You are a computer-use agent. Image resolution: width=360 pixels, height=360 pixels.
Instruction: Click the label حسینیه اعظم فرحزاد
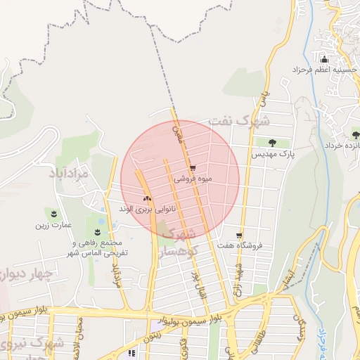click(x=325, y=70)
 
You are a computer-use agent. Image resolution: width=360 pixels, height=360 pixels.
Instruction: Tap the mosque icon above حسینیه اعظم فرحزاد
click(x=324, y=59)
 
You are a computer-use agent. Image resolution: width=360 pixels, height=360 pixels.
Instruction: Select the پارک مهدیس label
click(x=272, y=153)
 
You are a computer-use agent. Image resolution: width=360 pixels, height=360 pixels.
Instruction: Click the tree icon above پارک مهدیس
click(x=272, y=142)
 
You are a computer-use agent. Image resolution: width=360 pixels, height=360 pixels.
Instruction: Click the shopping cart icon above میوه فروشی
click(x=193, y=168)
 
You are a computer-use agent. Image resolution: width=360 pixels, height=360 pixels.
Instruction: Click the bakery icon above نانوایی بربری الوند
click(x=147, y=199)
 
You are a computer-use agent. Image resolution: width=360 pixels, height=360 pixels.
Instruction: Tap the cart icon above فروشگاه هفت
click(x=240, y=236)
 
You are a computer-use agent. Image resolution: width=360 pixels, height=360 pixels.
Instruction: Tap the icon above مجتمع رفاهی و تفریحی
click(x=98, y=231)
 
